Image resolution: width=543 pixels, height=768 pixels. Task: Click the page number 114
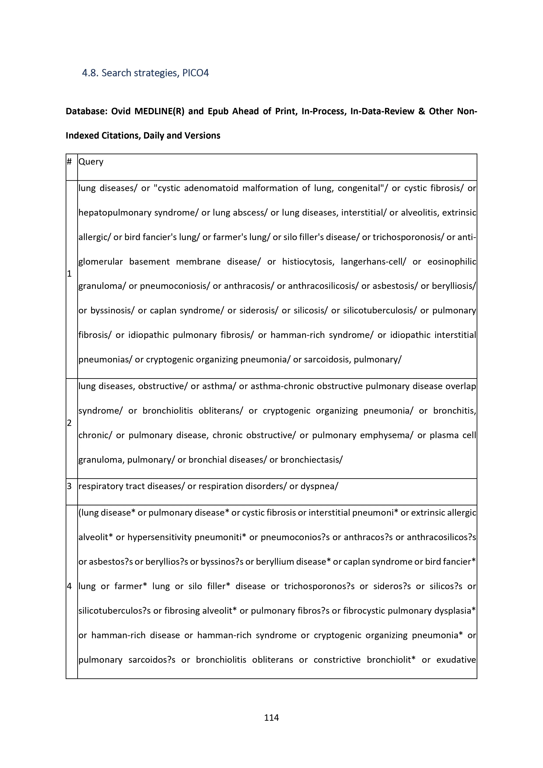click(271, 717)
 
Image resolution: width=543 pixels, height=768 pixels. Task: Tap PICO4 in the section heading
click(195, 73)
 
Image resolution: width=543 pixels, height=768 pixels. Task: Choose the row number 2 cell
click(69, 423)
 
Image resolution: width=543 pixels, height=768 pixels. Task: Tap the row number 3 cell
click(69, 486)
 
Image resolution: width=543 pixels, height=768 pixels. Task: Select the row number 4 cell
click(69, 586)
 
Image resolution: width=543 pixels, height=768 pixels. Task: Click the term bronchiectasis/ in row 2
click(311, 460)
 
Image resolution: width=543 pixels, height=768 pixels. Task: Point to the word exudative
click(456, 660)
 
